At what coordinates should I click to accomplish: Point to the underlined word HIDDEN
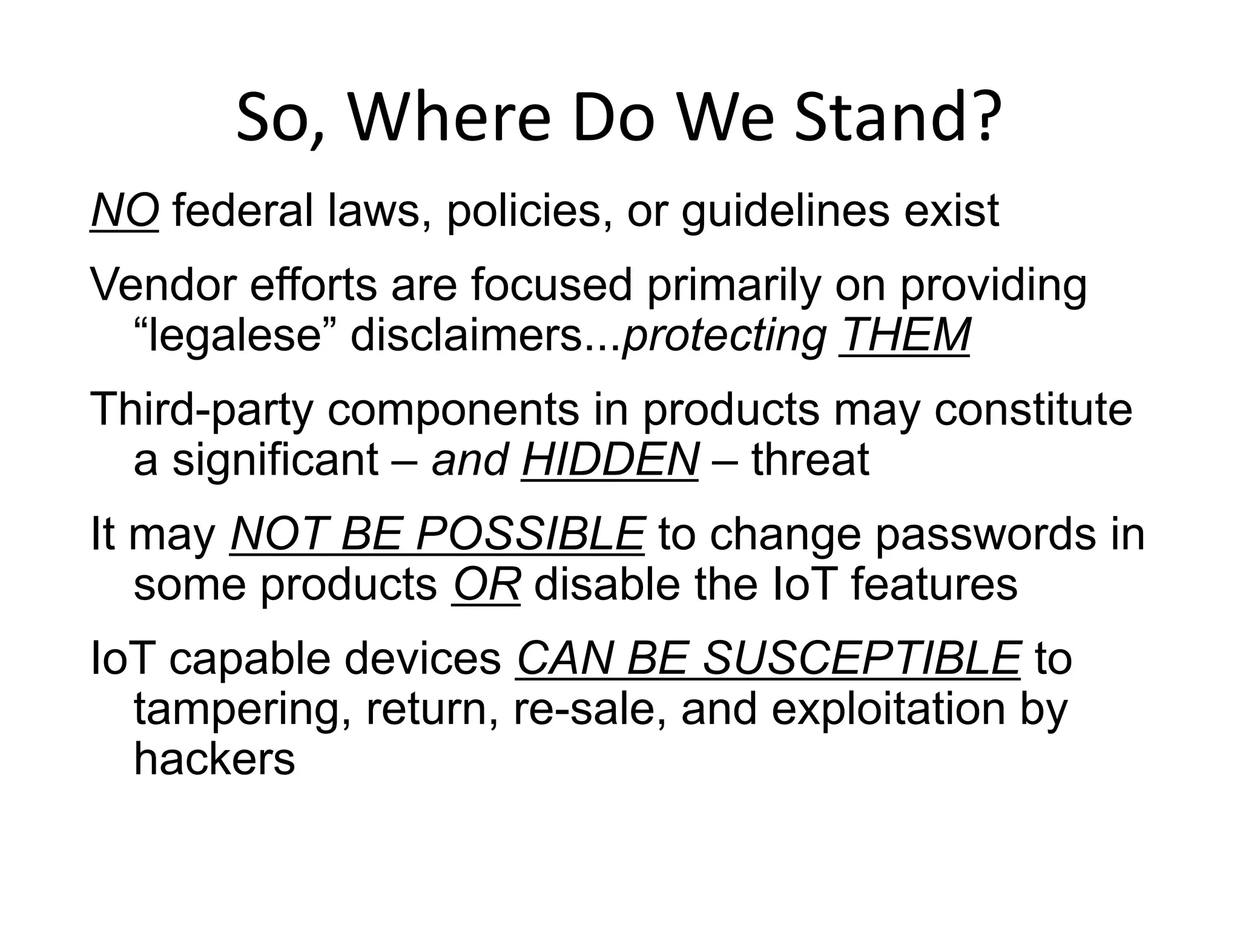pos(609,460)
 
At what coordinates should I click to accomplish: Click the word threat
pos(810,460)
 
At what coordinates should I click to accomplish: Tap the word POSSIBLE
pos(530,534)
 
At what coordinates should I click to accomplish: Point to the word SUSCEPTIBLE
pos(862,659)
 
